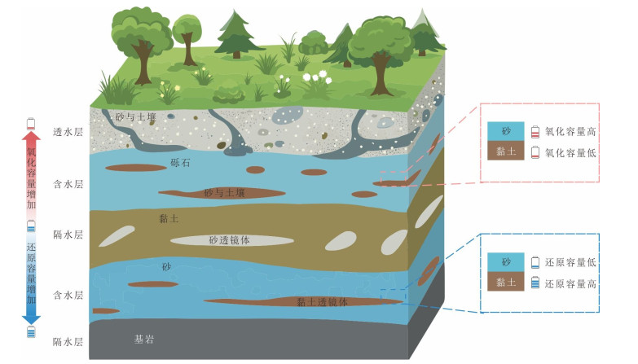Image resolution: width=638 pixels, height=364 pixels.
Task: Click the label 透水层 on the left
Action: (x=68, y=132)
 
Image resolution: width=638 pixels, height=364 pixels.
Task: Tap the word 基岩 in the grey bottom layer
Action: (x=144, y=340)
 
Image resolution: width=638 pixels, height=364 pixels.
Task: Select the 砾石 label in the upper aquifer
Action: (x=180, y=163)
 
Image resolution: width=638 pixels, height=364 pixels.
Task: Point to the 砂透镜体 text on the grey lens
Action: (x=230, y=240)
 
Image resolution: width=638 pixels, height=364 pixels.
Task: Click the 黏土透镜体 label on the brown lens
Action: (x=322, y=302)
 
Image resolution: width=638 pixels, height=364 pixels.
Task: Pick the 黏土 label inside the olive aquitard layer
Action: (x=169, y=218)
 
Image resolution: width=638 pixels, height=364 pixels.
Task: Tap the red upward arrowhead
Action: (x=31, y=138)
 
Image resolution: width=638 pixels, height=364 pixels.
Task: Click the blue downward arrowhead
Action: (x=31, y=318)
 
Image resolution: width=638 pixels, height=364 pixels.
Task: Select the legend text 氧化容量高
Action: (x=570, y=131)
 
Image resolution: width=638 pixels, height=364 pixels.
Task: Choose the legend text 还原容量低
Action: (x=570, y=262)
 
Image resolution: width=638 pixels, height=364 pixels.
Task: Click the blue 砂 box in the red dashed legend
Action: (x=506, y=131)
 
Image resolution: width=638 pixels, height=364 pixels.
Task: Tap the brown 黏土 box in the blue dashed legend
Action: (x=506, y=282)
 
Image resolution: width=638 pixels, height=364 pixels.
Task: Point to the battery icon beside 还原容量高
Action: (x=535, y=283)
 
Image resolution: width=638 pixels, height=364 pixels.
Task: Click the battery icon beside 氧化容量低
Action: (x=535, y=152)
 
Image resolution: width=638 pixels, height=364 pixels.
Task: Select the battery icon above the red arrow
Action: (x=31, y=124)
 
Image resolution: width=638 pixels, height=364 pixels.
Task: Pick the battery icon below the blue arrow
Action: (x=31, y=331)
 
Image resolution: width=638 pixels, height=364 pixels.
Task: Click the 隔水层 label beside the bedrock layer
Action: (x=68, y=342)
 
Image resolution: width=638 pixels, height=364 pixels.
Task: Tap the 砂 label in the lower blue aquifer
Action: (x=166, y=267)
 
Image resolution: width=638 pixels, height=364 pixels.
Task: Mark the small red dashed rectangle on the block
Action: (x=394, y=177)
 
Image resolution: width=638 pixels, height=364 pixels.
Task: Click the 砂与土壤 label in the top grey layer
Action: (x=136, y=117)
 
